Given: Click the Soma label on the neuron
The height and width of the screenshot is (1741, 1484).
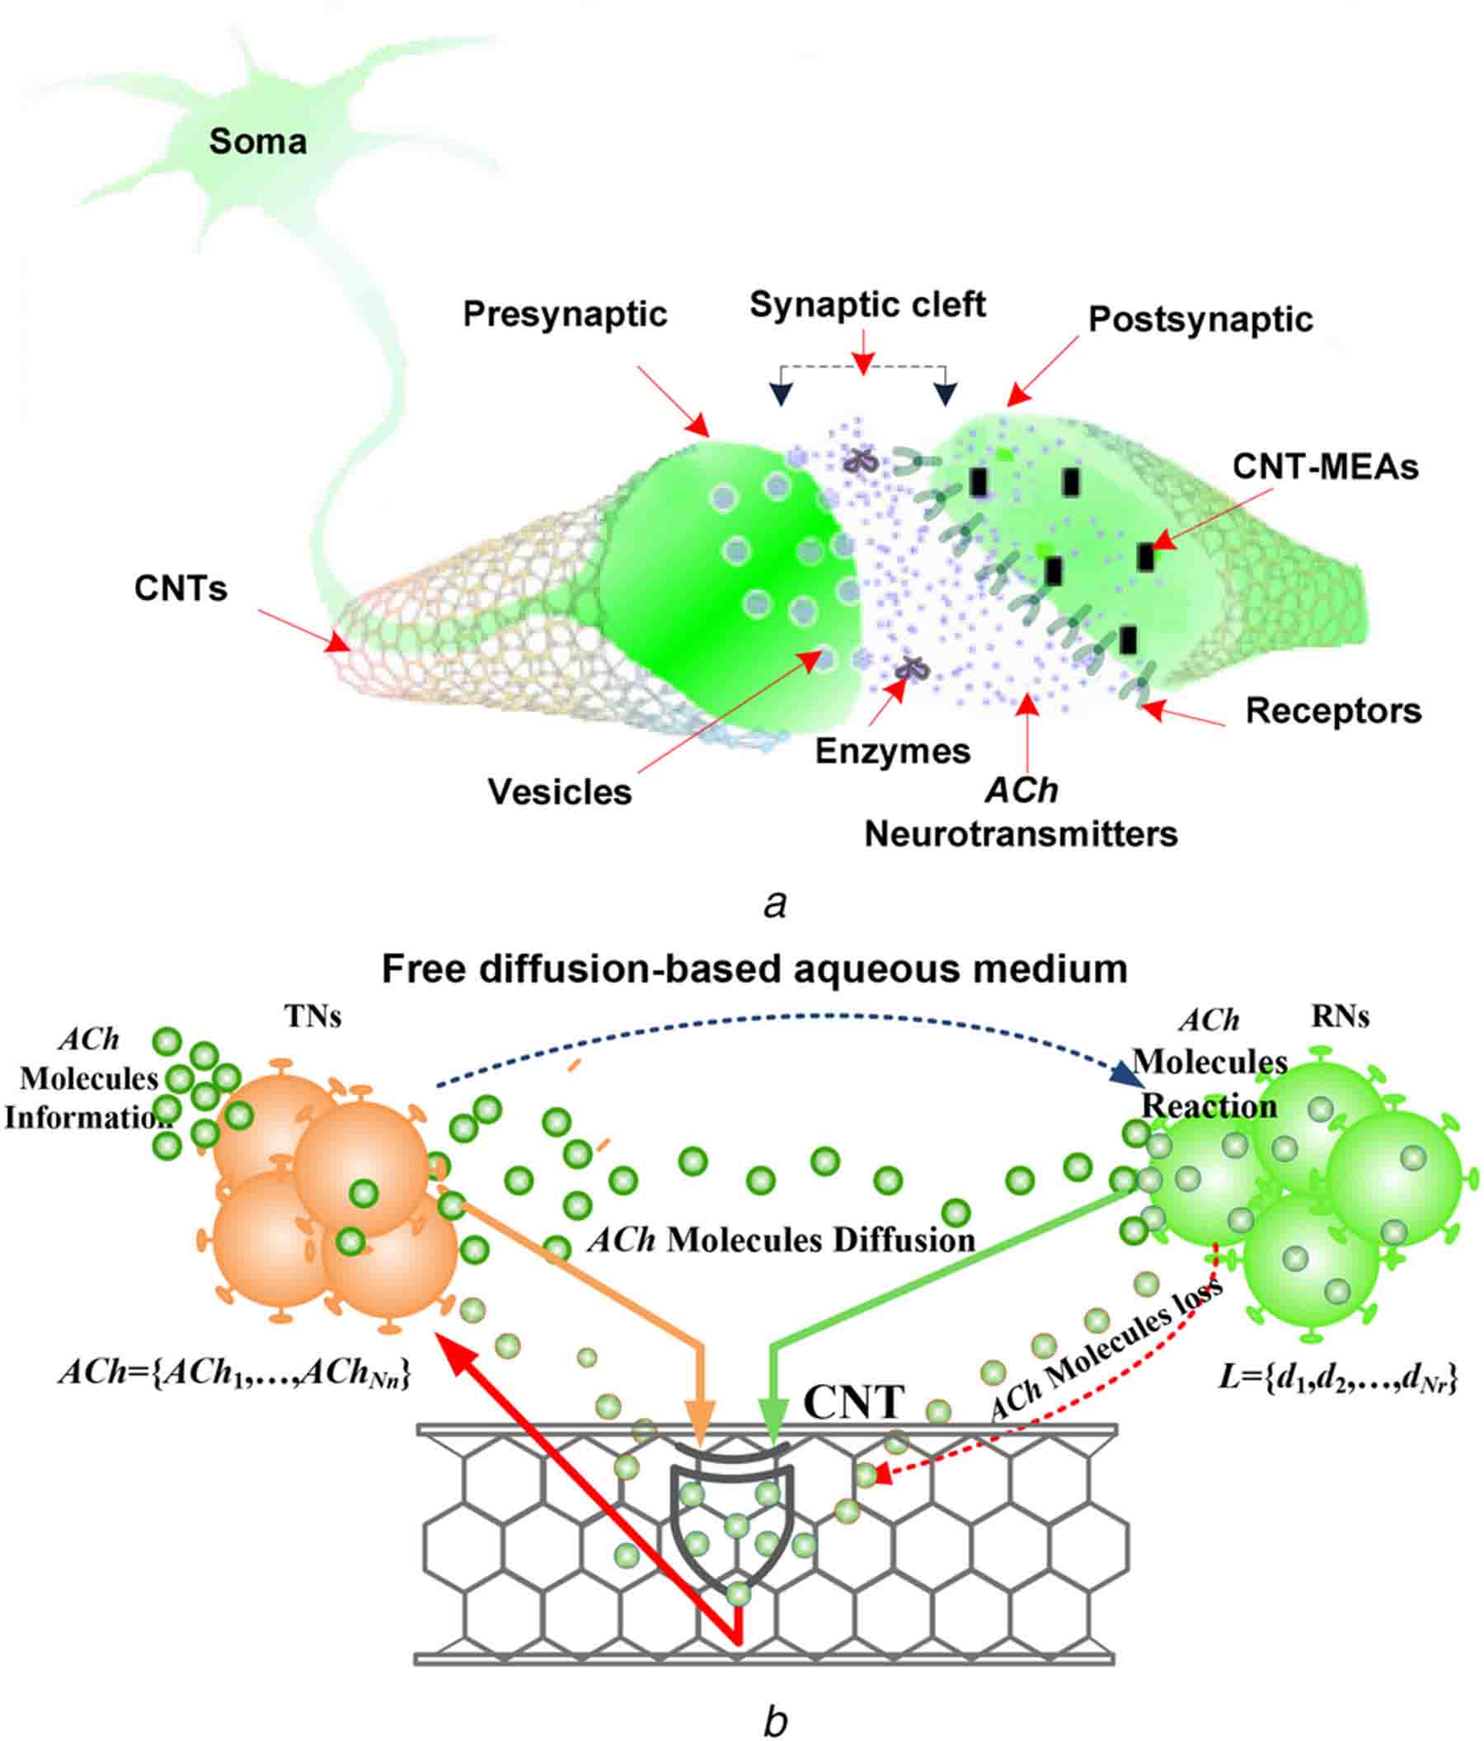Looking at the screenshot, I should tap(257, 141).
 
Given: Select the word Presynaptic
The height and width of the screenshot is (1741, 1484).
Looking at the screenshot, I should tap(565, 314).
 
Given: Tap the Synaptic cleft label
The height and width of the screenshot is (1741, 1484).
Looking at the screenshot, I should tap(867, 304).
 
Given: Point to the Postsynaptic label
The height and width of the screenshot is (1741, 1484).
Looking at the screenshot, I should tap(1200, 319).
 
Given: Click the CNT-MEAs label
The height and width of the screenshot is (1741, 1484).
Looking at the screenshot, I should tap(1325, 467).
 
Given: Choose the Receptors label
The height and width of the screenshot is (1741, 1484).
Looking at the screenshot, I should tap(1333, 711).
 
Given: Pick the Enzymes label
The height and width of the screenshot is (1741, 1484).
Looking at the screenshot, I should tap(892, 751).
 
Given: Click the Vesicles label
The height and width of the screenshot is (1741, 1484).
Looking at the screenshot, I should tap(560, 792).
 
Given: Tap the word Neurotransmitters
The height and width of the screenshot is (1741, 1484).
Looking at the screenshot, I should tap(1021, 834).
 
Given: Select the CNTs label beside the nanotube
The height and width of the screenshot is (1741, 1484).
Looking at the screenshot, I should tap(181, 589).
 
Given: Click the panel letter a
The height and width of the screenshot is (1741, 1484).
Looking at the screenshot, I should tap(775, 905).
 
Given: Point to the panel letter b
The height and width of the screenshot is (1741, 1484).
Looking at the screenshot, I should tap(775, 1719).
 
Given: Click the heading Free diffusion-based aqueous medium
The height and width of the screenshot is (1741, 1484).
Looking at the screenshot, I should tap(754, 969).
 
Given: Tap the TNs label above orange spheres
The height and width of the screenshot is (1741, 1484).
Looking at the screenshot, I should tap(312, 1016).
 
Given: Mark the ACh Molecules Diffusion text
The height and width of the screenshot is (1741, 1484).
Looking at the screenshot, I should tap(782, 1240).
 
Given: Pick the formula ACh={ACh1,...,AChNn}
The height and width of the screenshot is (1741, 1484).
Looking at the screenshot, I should tap(234, 1373).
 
